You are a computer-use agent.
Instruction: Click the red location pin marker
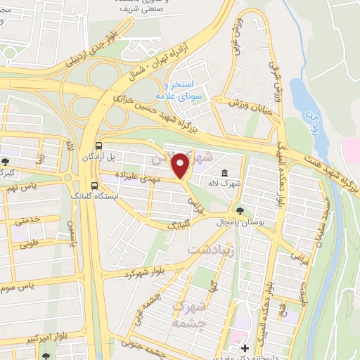pyautogui.click(x=181, y=165)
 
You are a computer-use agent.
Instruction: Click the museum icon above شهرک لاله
pyautogui.click(x=224, y=174)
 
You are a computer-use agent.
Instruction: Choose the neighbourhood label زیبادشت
pyautogui.click(x=212, y=249)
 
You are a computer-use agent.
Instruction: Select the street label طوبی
pyautogui.click(x=27, y=245)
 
